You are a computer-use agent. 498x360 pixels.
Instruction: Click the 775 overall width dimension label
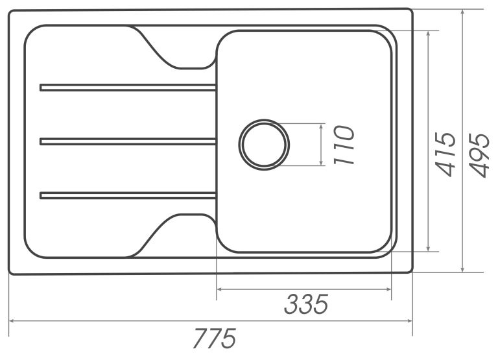[x=215, y=338]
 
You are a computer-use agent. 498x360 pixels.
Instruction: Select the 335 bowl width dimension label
[x=306, y=304]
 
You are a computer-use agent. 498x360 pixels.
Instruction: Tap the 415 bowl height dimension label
[x=445, y=154]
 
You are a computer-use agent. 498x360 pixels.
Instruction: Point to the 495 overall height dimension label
[x=479, y=155]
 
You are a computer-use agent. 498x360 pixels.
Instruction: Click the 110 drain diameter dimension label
[x=344, y=145]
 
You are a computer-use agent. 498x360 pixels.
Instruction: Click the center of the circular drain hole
[x=264, y=145]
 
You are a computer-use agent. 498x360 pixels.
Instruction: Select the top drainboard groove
[x=128, y=88]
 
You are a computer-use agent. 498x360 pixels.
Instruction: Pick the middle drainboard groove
[x=128, y=141]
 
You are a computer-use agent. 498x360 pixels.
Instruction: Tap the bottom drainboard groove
[x=128, y=195]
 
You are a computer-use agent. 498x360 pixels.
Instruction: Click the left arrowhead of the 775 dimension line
[x=12, y=321]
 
